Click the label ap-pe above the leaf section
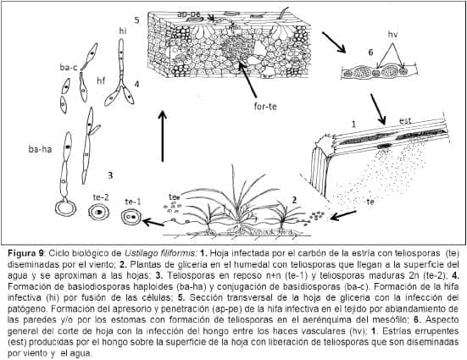pyautogui.click(x=188, y=14)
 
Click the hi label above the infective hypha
pyautogui.click(x=123, y=29)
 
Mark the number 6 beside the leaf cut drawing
pyautogui.click(x=347, y=52)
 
